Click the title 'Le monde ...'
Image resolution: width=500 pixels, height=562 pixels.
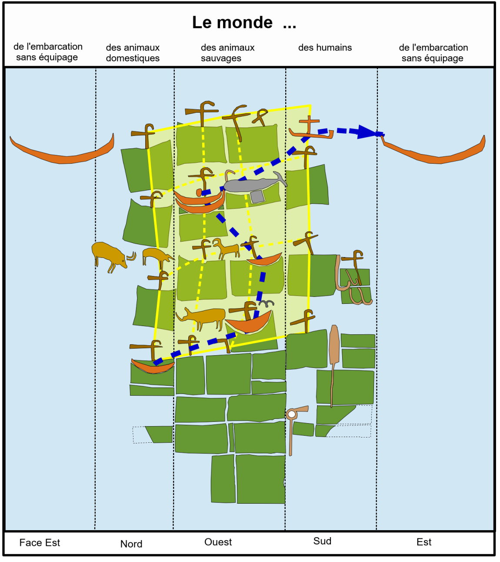244,23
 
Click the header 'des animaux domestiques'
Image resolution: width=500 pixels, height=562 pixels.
133,53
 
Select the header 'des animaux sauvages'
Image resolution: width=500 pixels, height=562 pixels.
227,53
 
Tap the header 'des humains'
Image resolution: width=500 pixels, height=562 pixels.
325,47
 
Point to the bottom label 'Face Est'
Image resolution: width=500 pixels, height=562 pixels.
40,542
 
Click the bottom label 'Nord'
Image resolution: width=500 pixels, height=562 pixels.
131,544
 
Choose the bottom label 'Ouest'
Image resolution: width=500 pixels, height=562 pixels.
218,542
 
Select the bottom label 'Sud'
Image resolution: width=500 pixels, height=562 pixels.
322,541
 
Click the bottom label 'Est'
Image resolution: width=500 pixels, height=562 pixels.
424,542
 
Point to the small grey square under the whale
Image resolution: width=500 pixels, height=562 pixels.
257,197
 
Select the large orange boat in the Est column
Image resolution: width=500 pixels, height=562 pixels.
435,154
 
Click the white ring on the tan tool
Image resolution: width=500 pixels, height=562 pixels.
292,414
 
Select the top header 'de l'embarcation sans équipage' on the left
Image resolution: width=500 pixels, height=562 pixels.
47,52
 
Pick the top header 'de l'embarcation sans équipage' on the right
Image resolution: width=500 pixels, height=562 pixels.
433,53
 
